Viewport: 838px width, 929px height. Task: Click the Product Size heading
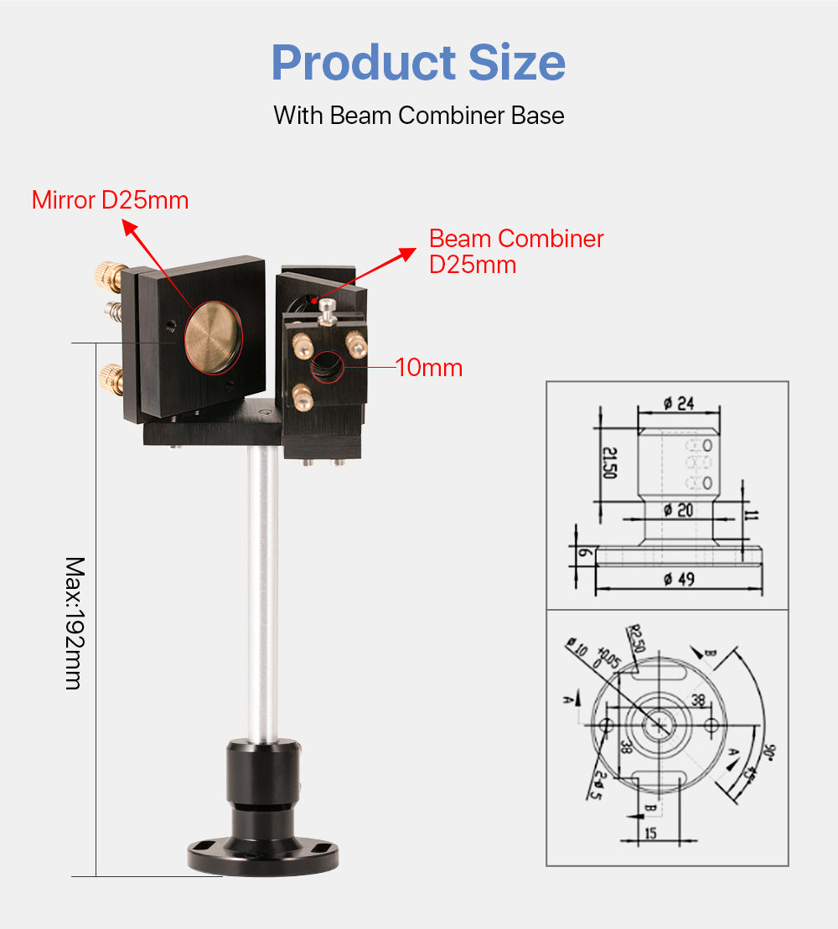[x=418, y=63]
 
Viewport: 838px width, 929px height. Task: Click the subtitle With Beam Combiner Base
[x=418, y=115]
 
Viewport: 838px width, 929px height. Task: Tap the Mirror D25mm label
[x=110, y=200]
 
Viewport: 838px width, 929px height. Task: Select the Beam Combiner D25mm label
[x=516, y=250]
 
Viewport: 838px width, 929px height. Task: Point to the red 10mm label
[x=429, y=367]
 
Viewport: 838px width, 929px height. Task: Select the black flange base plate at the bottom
[x=263, y=856]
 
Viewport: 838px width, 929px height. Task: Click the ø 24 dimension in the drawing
[x=679, y=404]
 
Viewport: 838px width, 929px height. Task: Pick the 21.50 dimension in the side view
[x=610, y=463]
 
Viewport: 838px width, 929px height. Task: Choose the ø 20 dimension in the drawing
[x=679, y=510]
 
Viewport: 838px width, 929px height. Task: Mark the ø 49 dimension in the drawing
[x=679, y=579]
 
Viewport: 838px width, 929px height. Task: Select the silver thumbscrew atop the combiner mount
[x=328, y=309]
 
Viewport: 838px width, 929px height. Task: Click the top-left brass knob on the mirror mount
[x=106, y=272]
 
